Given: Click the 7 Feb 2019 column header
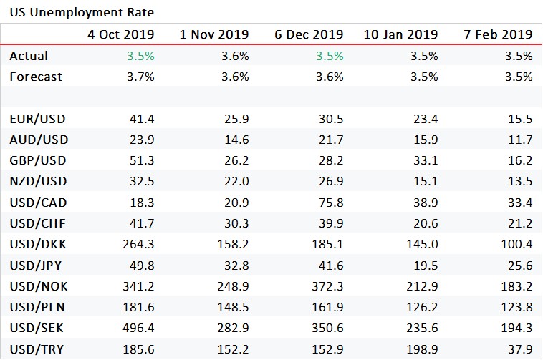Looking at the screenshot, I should [x=499, y=34].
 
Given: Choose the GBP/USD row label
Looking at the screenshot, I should [x=35, y=160].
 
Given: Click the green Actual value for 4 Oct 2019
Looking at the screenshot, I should [x=141, y=56].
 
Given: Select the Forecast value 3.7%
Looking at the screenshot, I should [x=141, y=77].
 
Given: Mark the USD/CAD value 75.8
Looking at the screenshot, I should [x=330, y=202].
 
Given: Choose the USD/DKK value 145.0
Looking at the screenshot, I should [x=422, y=243].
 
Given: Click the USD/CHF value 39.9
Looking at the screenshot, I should [x=330, y=223].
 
